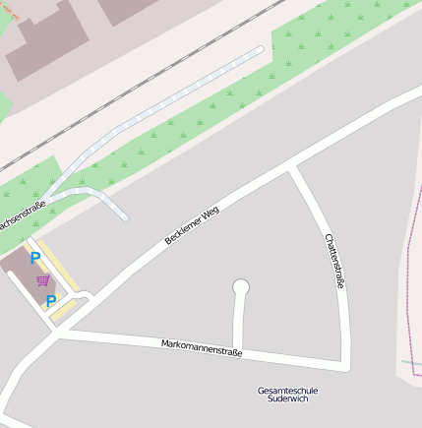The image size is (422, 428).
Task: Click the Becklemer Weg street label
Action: (192, 225)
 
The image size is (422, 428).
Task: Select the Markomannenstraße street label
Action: (202, 346)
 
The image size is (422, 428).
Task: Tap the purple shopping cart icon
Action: (42, 280)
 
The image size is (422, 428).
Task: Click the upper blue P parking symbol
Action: (35, 259)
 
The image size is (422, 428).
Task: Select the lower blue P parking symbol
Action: (50, 302)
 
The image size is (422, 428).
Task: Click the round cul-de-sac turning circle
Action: (241, 287)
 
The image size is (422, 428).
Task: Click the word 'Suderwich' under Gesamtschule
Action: (287, 400)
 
